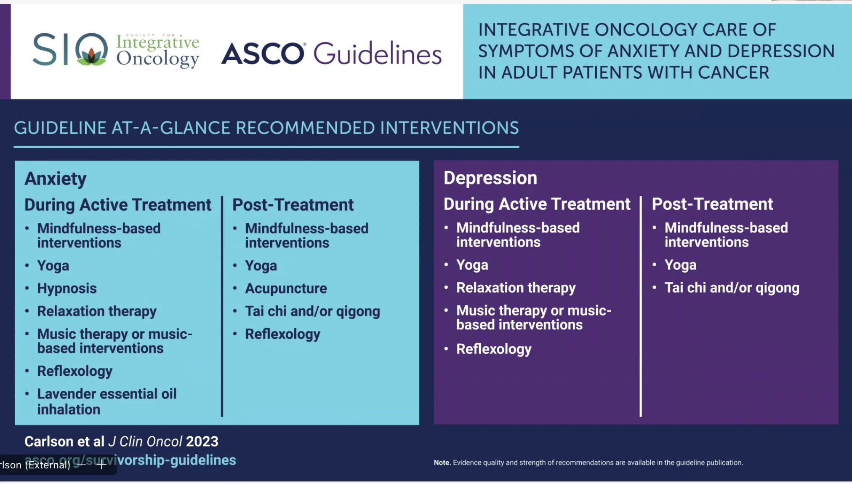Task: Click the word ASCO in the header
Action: click(262, 54)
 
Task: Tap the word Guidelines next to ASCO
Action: click(377, 54)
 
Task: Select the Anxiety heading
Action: click(56, 179)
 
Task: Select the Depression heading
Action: click(490, 178)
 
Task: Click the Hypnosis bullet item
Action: click(67, 289)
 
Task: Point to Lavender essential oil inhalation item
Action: click(106, 401)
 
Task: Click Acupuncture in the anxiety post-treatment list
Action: click(286, 289)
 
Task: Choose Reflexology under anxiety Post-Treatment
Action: click(282, 334)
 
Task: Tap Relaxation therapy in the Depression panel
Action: click(516, 288)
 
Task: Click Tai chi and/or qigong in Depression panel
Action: click(732, 288)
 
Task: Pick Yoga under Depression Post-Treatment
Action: click(680, 265)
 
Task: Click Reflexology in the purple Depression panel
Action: click(494, 349)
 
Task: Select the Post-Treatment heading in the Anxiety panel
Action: click(293, 205)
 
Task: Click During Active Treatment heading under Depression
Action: click(537, 204)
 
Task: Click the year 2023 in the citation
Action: click(202, 441)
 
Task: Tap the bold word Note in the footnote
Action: click(442, 463)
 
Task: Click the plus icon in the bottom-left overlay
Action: click(101, 465)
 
